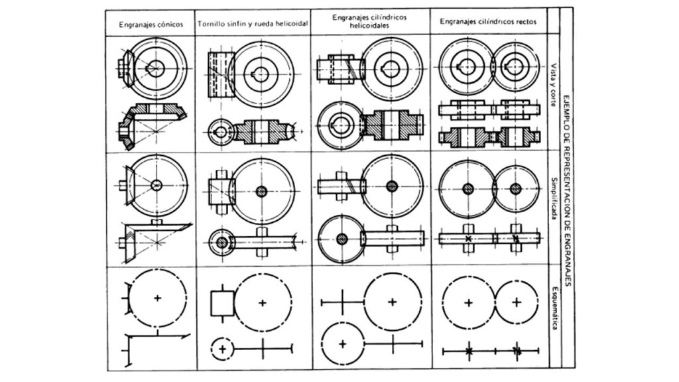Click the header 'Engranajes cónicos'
(151, 25)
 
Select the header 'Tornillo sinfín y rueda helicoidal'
(253, 24)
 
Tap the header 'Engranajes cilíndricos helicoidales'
(369, 21)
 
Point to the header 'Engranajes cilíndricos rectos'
(488, 21)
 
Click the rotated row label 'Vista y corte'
(553, 85)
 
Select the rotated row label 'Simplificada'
(553, 198)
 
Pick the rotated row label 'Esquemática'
(553, 308)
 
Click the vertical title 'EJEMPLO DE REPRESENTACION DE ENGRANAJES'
(568, 190)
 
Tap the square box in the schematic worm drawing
(223, 302)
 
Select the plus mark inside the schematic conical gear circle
(158, 298)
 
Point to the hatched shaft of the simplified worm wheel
(261, 192)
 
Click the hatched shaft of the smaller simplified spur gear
(516, 189)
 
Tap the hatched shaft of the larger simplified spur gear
(468, 189)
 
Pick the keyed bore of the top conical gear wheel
(155, 68)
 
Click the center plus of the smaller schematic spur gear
(516, 302)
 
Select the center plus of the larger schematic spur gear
(468, 302)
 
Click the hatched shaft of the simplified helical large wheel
(392, 186)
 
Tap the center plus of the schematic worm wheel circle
(263, 302)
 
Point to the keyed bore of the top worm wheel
(260, 74)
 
